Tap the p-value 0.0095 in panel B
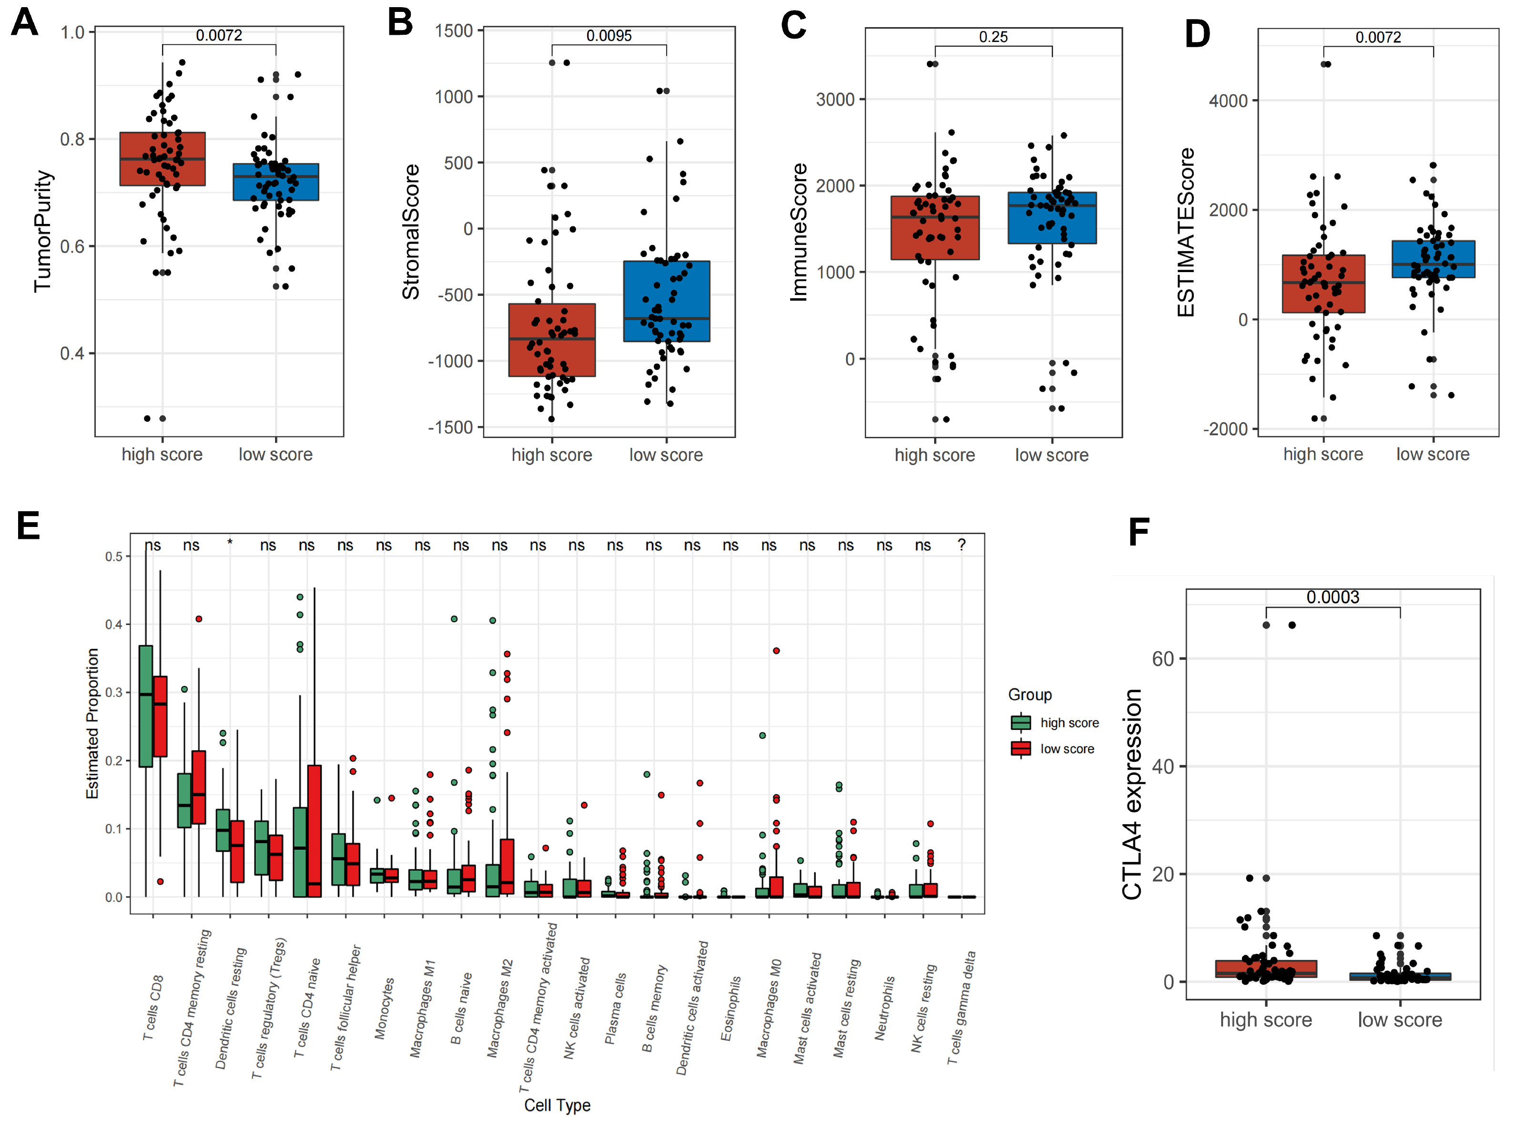pos(609,35)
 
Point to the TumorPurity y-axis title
pos(43,231)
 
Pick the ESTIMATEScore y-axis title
pos(1186,233)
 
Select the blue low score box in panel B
pos(666,301)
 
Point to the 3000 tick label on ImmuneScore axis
pos(835,99)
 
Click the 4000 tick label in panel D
pos(1228,101)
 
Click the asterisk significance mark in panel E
pos(230,543)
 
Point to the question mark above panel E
pos(961,545)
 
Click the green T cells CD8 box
pos(145,706)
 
